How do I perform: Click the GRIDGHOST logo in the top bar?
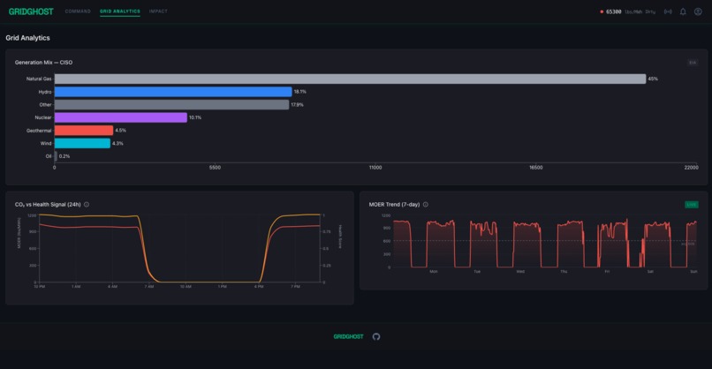click(x=30, y=11)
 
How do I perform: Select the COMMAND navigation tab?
click(x=78, y=11)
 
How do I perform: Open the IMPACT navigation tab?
click(x=158, y=11)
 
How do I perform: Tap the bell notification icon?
click(x=683, y=11)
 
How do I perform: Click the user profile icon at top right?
click(x=698, y=11)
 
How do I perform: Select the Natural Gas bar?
click(x=350, y=79)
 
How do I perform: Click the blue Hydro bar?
click(x=173, y=92)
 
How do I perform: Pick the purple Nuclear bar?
click(x=120, y=117)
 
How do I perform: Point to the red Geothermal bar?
click(x=83, y=131)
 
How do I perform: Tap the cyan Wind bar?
click(x=82, y=143)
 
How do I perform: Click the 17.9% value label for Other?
click(x=298, y=105)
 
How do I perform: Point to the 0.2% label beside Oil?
click(x=64, y=156)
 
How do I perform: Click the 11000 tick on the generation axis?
click(x=375, y=168)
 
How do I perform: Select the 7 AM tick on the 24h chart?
click(x=148, y=287)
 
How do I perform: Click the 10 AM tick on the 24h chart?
click(x=186, y=287)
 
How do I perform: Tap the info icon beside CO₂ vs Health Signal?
click(x=87, y=204)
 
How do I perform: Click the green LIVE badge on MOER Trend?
click(x=691, y=204)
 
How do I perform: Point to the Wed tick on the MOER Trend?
click(x=520, y=272)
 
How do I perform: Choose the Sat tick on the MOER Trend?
click(x=650, y=272)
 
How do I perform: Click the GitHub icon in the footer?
click(x=376, y=336)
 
